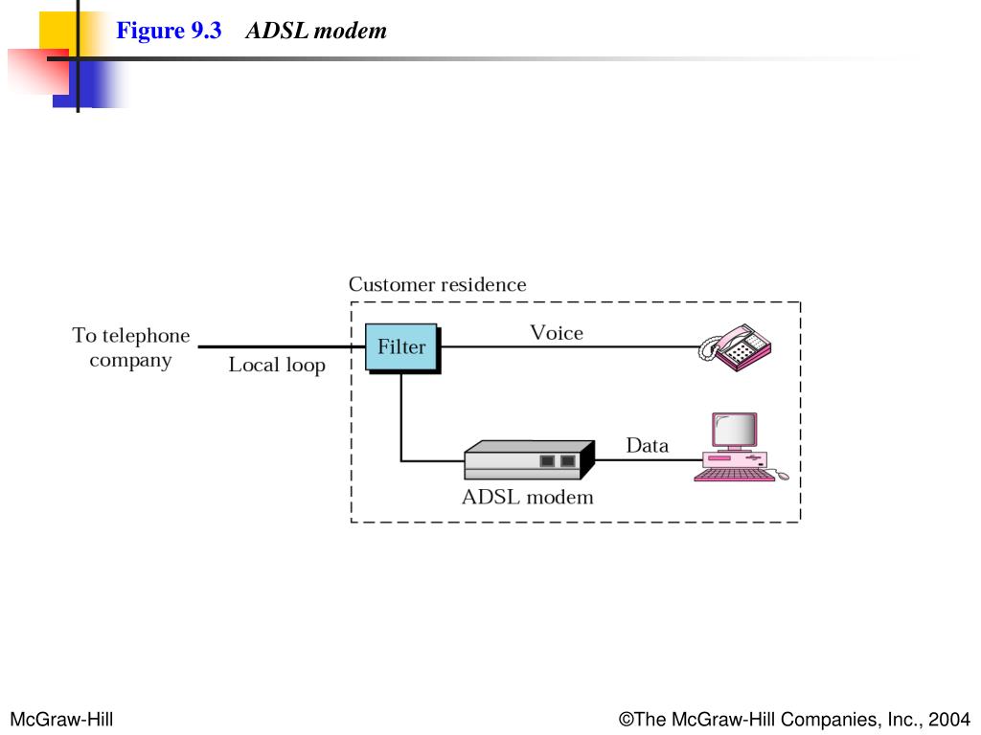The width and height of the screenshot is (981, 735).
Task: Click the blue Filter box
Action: [401, 346]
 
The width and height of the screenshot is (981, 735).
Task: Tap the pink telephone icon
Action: [735, 346]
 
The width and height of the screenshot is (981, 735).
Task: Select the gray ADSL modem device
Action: [529, 460]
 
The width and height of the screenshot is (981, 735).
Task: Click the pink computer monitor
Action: [735, 431]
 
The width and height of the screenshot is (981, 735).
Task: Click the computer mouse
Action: [783, 477]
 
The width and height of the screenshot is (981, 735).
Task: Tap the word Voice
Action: [557, 332]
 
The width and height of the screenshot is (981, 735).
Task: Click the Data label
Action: [648, 445]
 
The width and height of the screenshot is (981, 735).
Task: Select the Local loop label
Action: [277, 365]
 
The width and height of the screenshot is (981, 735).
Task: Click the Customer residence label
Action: [437, 284]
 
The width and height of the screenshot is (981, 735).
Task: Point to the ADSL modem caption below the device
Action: [528, 497]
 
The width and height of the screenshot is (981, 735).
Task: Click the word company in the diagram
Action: [130, 361]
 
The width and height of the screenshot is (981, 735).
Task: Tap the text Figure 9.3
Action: [169, 30]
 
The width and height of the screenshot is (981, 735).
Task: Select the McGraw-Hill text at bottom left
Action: [61, 720]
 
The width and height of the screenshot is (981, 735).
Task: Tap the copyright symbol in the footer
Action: [627, 720]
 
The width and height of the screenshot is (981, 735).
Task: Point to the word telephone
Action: [146, 336]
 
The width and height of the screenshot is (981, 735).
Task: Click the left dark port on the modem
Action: [547, 461]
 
